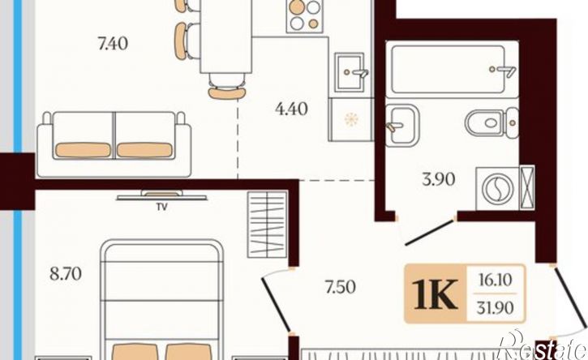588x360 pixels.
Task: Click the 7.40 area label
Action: (113, 44)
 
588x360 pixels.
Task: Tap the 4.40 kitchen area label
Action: (291, 109)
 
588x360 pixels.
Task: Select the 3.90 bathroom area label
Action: (439, 179)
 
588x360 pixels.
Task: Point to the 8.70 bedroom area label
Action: (66, 274)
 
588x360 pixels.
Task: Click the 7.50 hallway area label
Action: (341, 287)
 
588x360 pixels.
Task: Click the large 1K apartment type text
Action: (435, 294)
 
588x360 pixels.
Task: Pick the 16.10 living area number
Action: (495, 280)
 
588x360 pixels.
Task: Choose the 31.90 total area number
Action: (495, 308)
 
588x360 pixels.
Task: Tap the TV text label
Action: (162, 207)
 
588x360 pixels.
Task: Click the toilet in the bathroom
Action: (491, 122)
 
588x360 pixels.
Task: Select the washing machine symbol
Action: (498, 189)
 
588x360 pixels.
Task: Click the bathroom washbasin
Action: (402, 125)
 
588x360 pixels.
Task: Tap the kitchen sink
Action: (350, 71)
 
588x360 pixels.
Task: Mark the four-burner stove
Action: (305, 15)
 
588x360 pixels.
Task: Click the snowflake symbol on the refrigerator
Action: (351, 120)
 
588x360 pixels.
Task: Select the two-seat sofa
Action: (114, 144)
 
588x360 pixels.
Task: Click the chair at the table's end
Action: (227, 87)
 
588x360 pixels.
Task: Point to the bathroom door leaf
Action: (430, 233)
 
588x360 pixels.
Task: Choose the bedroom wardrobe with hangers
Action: (267, 225)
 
